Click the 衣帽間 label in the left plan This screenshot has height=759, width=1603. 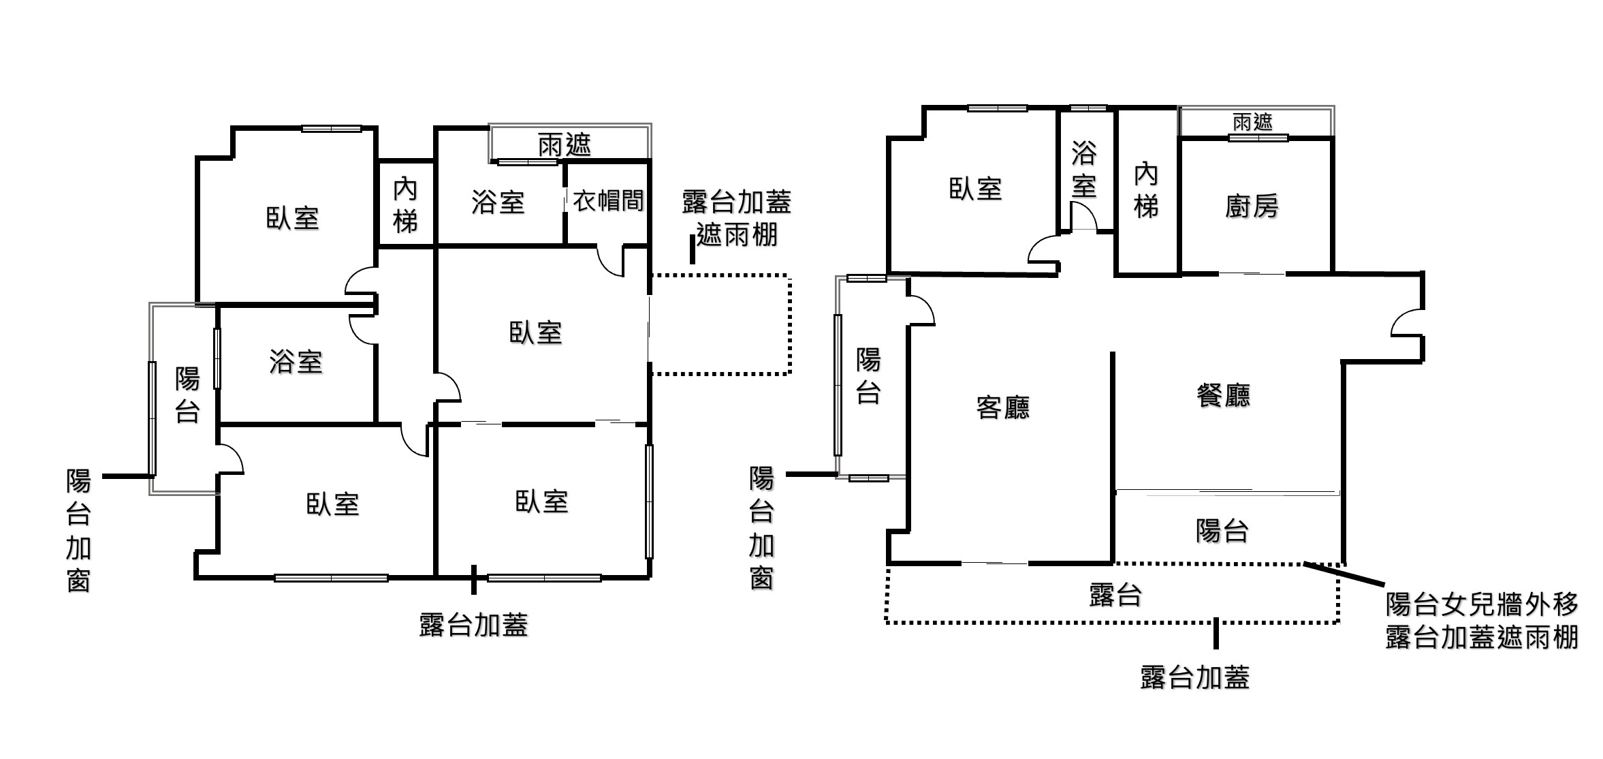click(607, 201)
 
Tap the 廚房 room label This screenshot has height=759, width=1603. click(1252, 206)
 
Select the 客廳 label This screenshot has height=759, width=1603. click(1002, 407)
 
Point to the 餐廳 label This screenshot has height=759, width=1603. click(1223, 395)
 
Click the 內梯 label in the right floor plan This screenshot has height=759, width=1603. click(1146, 190)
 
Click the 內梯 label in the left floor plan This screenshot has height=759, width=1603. click(405, 205)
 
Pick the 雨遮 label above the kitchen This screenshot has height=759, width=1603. click(1252, 122)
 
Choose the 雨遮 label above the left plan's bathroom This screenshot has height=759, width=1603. click(564, 144)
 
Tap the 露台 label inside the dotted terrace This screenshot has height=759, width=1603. click(1115, 595)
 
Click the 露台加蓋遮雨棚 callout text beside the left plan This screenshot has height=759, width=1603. click(736, 218)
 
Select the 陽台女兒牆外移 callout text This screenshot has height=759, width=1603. click(1482, 604)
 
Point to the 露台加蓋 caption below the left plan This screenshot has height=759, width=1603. click(473, 625)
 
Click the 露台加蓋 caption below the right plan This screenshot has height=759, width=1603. click(1194, 677)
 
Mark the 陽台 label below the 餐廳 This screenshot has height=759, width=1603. click(1222, 531)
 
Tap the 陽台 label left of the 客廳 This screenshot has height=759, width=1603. click(868, 376)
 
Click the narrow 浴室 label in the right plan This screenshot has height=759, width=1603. click(1083, 169)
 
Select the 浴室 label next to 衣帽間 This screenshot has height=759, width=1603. click(498, 202)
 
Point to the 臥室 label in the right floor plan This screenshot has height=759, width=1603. click(975, 189)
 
